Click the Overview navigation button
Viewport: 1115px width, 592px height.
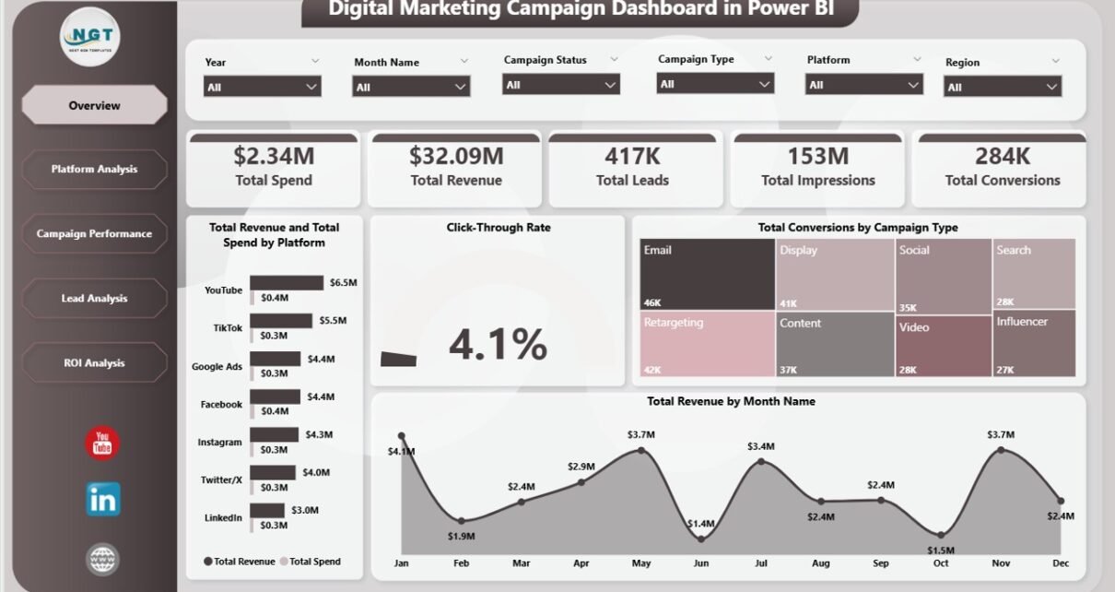pyautogui.click(x=94, y=105)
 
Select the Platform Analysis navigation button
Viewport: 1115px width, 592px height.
pyautogui.click(x=94, y=170)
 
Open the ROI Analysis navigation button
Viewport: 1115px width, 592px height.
pyautogui.click(x=94, y=363)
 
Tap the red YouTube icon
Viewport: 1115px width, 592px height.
pyautogui.click(x=102, y=444)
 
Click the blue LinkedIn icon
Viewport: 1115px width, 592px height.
pyautogui.click(x=102, y=500)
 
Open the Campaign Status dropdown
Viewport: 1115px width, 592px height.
pyautogui.click(x=561, y=85)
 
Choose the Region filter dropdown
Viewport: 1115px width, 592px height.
pyautogui.click(x=1003, y=87)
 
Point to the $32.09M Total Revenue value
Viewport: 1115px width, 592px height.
pyautogui.click(x=456, y=156)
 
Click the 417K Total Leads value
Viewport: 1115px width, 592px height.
pyautogui.click(x=632, y=156)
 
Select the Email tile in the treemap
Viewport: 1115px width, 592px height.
pyautogui.click(x=708, y=275)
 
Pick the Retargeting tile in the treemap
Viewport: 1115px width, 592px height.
pyautogui.click(x=708, y=344)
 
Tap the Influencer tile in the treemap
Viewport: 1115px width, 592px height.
pyautogui.click(x=1034, y=344)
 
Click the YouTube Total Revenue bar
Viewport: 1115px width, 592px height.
pyautogui.click(x=287, y=283)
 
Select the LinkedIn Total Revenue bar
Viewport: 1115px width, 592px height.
pyautogui.click(x=267, y=510)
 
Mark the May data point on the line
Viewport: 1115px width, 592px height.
pyautogui.click(x=641, y=450)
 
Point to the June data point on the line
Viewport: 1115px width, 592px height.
pyautogui.click(x=701, y=539)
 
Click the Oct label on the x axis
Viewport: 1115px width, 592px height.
pyautogui.click(x=941, y=562)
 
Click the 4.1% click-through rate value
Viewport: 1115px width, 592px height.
pyautogui.click(x=498, y=344)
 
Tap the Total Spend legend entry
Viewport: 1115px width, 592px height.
pyautogui.click(x=311, y=562)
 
